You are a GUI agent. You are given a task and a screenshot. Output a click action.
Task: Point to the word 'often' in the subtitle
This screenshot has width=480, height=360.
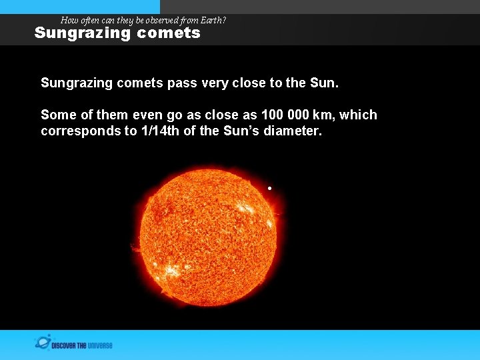point(89,21)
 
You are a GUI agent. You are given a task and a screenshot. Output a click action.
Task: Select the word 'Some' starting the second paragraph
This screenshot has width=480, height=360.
point(57,115)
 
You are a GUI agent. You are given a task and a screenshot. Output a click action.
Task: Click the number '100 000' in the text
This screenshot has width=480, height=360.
point(285,115)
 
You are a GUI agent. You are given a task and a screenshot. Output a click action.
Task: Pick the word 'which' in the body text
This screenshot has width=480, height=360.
point(359,115)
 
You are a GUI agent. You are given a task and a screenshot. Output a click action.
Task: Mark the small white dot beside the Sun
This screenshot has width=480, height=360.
point(270,189)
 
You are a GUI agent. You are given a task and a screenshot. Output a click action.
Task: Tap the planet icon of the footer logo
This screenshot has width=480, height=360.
point(43,343)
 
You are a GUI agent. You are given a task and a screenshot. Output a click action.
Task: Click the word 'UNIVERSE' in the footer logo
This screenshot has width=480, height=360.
point(99,345)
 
